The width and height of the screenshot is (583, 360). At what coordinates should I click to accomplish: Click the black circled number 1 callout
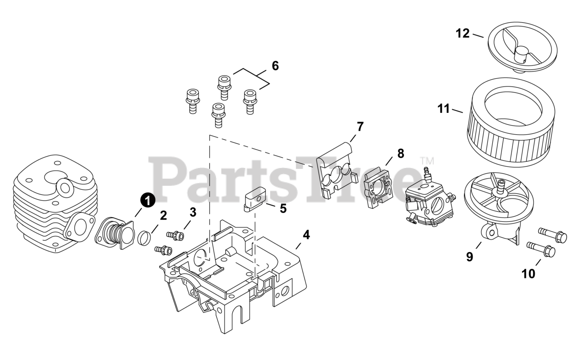point(147,200)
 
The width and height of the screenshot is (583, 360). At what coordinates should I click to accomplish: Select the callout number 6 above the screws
point(275,66)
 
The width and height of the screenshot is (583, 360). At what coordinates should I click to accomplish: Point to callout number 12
point(462,33)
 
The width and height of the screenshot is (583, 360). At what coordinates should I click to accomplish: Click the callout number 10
point(528,274)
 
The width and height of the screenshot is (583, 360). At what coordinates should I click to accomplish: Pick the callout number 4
point(306,235)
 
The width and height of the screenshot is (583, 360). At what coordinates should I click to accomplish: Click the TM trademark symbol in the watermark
point(427,161)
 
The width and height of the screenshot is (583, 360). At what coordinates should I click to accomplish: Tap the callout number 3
point(193,212)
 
